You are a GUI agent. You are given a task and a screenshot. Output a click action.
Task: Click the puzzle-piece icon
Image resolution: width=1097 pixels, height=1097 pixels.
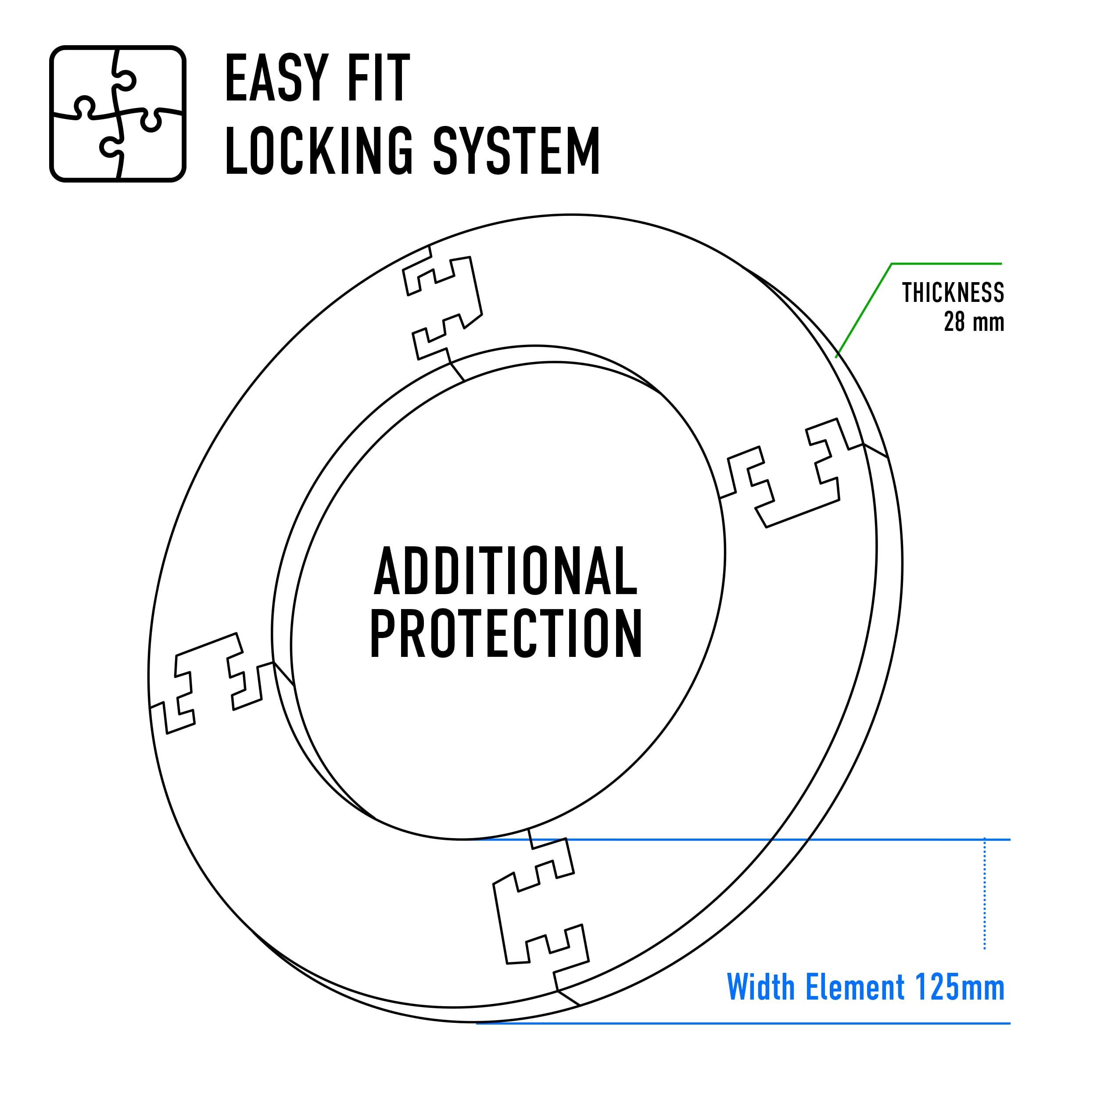(x=118, y=114)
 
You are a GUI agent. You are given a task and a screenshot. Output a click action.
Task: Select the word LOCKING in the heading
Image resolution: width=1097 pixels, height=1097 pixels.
(x=319, y=150)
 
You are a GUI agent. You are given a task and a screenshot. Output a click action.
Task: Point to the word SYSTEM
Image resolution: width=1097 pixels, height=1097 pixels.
(x=517, y=150)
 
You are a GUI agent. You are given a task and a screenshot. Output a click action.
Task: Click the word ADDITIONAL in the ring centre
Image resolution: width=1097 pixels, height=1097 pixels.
(x=506, y=570)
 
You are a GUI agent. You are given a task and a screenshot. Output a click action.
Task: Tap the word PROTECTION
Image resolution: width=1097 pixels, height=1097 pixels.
(x=506, y=633)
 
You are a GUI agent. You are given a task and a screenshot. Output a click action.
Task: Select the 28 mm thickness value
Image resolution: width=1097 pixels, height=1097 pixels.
(x=974, y=322)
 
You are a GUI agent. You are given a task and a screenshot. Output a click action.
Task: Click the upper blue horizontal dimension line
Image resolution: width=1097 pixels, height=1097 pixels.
(x=738, y=840)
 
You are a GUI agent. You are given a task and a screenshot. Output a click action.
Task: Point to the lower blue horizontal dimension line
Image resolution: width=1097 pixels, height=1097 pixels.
(x=743, y=1024)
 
